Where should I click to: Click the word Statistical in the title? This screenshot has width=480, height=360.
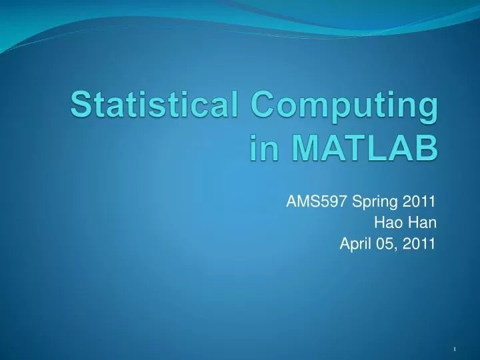coord(155,107)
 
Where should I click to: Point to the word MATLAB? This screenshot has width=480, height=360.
coord(361,148)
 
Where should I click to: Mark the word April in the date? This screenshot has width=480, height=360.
coord(355,244)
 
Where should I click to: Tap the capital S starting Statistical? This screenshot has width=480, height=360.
coord(81,107)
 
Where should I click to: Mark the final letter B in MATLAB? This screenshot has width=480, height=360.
coord(427,148)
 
